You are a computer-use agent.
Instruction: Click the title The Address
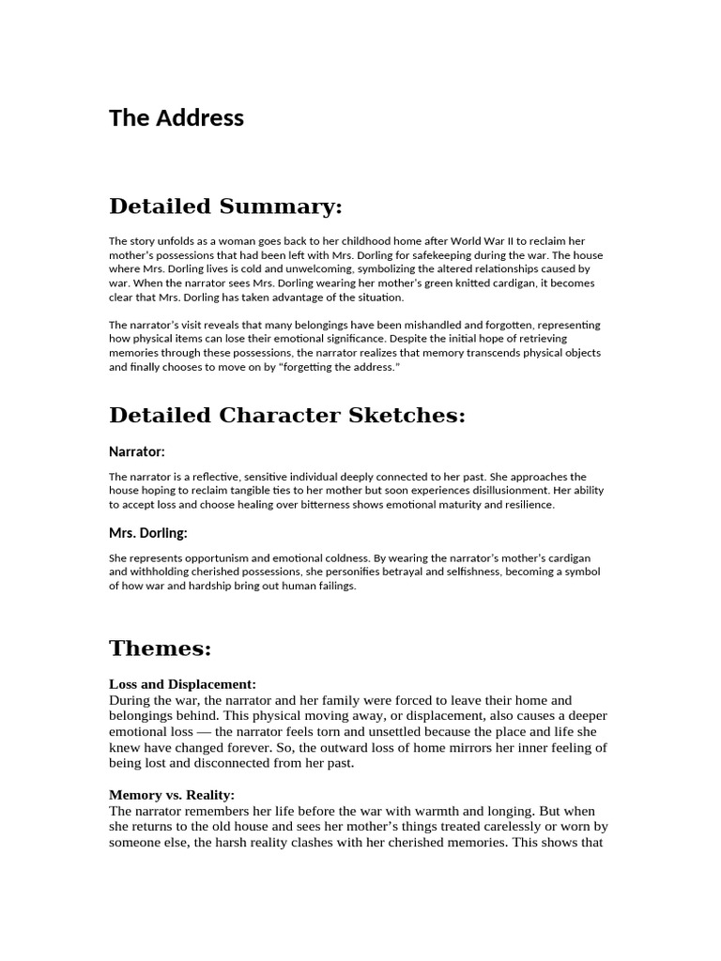pos(176,117)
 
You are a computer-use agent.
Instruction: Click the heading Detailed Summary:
pos(225,206)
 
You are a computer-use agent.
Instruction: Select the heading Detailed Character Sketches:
pos(287,415)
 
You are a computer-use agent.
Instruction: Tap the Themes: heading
pos(161,648)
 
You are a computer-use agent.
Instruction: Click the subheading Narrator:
pos(137,451)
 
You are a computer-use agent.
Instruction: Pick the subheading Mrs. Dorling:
pos(148,533)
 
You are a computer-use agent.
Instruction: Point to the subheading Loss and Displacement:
pos(182,684)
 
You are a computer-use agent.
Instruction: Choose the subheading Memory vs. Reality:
pos(172,795)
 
